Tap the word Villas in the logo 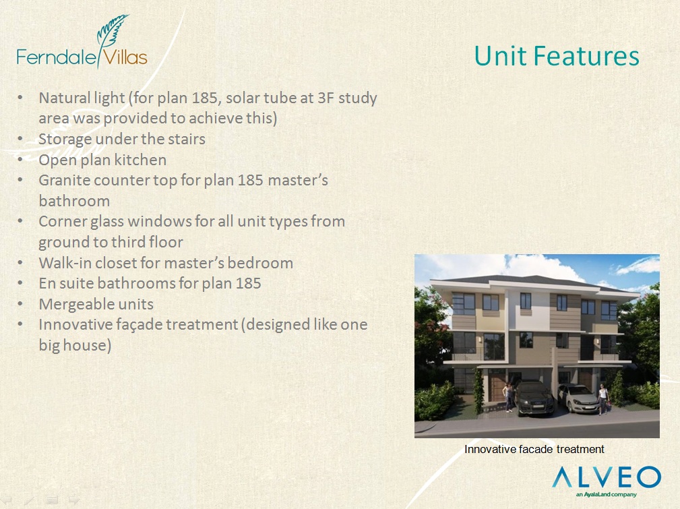[x=126, y=57]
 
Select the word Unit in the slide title [x=500, y=57]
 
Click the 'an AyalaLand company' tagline [x=607, y=495]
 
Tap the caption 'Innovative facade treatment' [x=534, y=449]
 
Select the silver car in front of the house [x=579, y=398]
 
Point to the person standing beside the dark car [x=508, y=396]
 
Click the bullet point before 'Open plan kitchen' [x=20, y=160]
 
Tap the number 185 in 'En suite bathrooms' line [x=249, y=283]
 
